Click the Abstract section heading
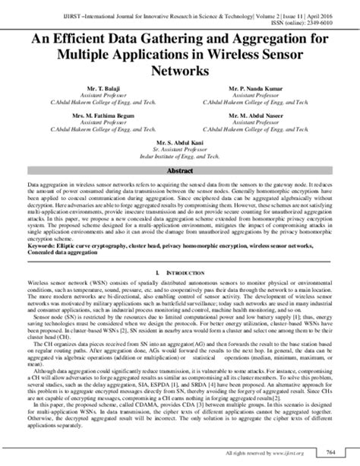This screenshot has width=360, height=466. (180, 172)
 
